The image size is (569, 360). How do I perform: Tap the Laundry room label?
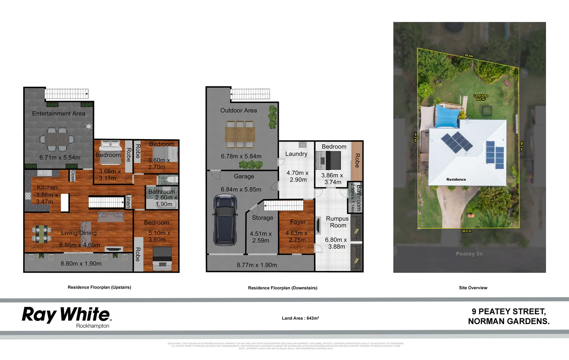(296, 154)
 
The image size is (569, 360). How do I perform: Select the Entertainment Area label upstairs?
(59, 114)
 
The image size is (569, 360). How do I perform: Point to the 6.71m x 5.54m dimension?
(60, 158)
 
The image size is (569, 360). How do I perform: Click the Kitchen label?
(47, 188)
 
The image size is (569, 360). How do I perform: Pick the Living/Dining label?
(79, 233)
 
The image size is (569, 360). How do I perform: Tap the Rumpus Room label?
(337, 222)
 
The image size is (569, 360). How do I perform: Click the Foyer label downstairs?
(298, 222)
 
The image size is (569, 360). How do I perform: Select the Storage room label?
(263, 218)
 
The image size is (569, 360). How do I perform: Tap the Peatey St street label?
(469, 254)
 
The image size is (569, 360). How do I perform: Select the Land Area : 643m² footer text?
(300, 318)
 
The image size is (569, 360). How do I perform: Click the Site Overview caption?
(473, 288)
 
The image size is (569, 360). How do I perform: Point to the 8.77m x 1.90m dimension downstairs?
(257, 265)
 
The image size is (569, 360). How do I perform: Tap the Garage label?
(244, 177)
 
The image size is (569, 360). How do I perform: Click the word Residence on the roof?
(456, 179)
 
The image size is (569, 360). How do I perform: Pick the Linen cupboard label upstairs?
(128, 202)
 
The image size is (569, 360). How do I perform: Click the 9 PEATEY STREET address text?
(509, 312)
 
